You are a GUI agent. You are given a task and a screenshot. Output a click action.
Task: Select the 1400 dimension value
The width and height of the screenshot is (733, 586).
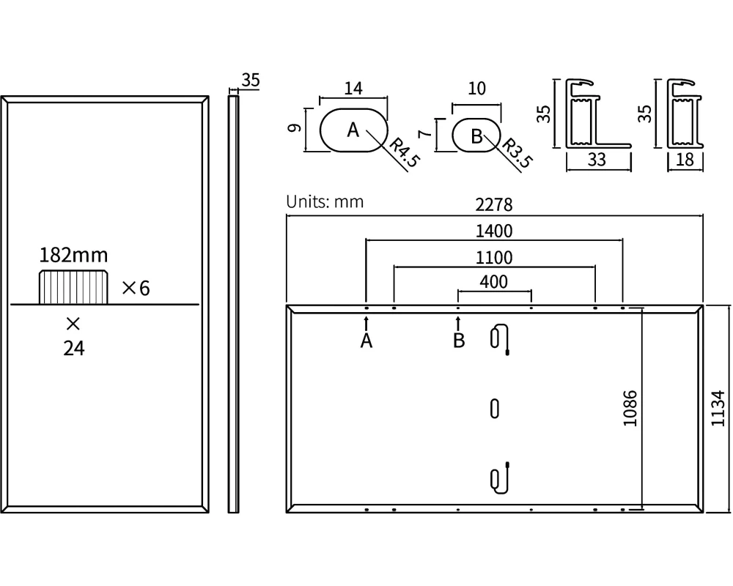[x=494, y=231]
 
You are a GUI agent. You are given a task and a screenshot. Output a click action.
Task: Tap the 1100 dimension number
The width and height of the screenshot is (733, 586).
[x=494, y=257]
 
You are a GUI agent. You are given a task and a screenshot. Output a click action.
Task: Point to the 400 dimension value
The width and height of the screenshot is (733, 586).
[x=494, y=281]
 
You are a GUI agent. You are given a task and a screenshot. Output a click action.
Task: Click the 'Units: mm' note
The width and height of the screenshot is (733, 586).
[x=325, y=201]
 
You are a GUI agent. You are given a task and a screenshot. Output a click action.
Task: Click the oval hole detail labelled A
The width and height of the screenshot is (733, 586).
[x=353, y=130]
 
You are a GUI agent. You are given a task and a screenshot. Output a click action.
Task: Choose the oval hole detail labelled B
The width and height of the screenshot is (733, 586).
[x=476, y=135]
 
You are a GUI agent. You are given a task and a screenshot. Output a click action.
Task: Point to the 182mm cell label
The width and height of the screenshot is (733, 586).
[x=73, y=255]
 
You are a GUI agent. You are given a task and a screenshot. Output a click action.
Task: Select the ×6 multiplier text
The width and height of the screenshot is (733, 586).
[x=135, y=288]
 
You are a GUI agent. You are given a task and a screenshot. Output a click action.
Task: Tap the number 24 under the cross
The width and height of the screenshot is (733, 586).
[x=73, y=349]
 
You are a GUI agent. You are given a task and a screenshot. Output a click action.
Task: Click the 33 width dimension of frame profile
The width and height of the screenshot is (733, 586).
[x=597, y=159]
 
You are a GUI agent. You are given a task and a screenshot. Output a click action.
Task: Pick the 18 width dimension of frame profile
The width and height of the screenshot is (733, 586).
[x=685, y=159]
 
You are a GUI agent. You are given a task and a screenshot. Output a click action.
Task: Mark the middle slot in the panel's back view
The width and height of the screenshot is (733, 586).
[x=495, y=408]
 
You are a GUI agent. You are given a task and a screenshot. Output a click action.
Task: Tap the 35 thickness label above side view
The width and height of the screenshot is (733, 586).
[x=250, y=81]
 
